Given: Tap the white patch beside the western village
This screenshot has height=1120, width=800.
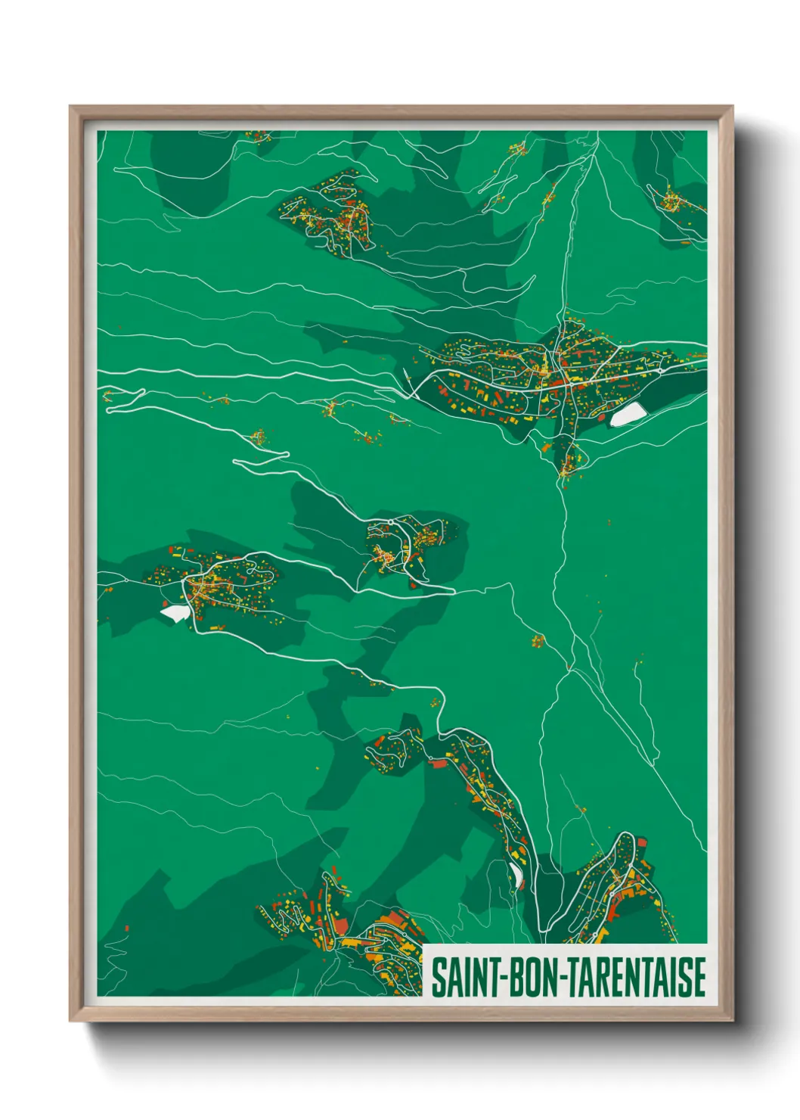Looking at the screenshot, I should (x=175, y=612).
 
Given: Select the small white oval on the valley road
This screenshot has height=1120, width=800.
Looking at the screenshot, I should (x=518, y=876).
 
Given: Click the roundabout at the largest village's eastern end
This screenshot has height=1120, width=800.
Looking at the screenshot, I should (x=661, y=369).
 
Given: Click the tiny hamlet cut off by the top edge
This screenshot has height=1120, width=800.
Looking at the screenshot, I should (x=259, y=136).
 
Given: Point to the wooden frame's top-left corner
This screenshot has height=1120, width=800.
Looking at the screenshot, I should (x=71, y=107).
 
